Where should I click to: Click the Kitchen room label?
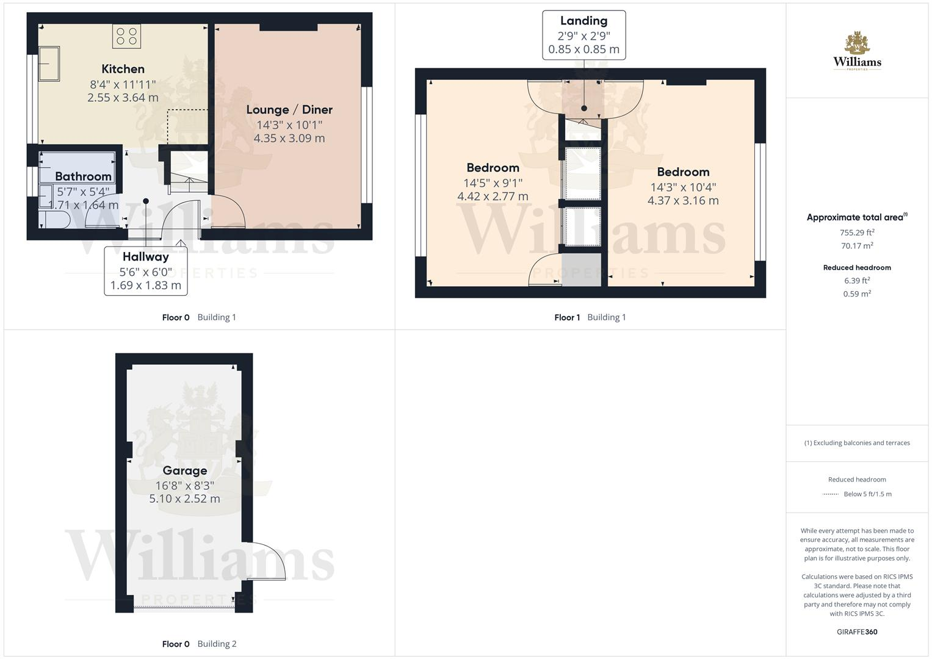coord(123,69)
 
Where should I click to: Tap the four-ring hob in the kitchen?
coord(126,36)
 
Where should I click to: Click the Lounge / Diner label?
coord(289,110)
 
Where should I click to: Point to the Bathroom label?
coord(83,176)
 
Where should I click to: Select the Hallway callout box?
coord(145,270)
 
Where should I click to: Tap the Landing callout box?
coord(583,35)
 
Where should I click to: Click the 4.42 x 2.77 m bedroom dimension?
coord(493,196)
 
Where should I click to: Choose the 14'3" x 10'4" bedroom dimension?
coord(683,187)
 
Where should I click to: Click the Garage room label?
coord(184,470)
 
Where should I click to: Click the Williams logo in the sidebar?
coord(857,52)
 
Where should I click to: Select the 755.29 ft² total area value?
coord(857,232)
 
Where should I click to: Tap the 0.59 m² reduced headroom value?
coord(857,294)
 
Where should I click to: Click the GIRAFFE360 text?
coord(857,632)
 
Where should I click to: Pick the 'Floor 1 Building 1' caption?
coord(590,317)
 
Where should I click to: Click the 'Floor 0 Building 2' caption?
coord(199,644)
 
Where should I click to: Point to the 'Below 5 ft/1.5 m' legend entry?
coord(867,494)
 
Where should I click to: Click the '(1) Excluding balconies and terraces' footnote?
coord(857,443)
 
